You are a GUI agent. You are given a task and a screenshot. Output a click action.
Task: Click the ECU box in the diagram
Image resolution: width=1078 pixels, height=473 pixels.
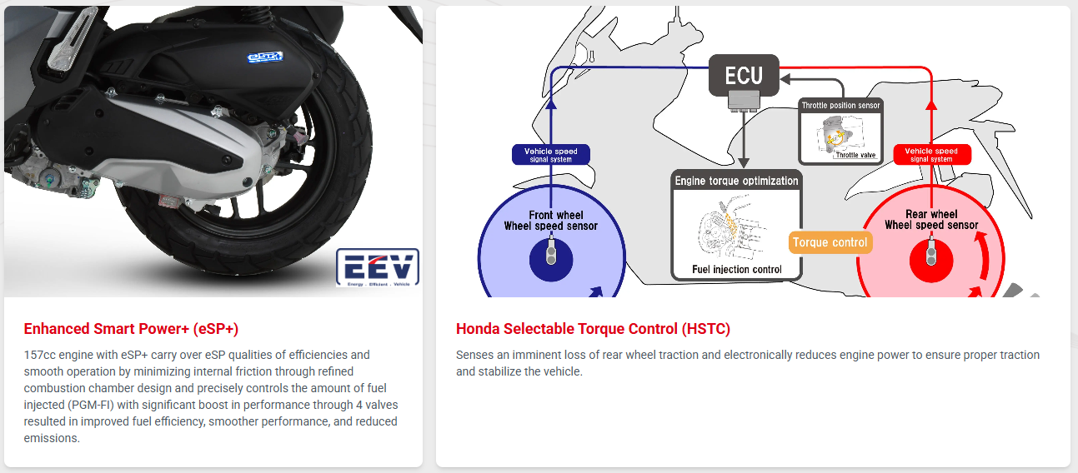pos(744,75)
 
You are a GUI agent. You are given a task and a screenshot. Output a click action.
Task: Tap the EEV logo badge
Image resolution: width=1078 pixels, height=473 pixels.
pos(378,267)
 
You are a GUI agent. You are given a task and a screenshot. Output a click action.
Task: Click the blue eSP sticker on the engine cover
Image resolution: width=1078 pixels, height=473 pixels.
pos(264,57)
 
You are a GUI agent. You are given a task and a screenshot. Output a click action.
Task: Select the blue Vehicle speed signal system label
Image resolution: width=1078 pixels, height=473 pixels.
pos(550,155)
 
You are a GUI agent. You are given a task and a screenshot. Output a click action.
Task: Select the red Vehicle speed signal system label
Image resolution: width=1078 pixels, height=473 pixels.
pos(932,155)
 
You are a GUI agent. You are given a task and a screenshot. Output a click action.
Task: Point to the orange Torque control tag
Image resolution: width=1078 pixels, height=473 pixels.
pos(830,242)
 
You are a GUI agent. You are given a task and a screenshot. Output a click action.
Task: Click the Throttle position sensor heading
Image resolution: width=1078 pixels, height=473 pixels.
pos(840,105)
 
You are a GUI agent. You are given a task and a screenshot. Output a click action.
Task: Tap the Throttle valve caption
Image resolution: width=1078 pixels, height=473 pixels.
pos(855,155)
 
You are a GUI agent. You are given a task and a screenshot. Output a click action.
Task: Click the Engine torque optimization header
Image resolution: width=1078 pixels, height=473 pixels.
pos(736,181)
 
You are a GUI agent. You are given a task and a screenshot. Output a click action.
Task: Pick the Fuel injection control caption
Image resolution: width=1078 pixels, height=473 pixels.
pos(737,269)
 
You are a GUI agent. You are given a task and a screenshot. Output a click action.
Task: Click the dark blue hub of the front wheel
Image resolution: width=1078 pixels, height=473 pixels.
pos(551,260)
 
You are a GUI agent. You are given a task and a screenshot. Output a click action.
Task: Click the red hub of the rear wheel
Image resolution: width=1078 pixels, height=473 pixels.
pos(931,260)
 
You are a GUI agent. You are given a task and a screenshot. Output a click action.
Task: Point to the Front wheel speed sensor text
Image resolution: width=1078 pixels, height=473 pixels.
pos(551,220)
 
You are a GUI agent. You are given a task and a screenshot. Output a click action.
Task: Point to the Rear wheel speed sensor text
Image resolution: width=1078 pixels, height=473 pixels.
pos(931,220)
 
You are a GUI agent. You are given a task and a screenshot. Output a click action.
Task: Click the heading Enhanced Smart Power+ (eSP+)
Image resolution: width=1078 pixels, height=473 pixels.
pos(131,329)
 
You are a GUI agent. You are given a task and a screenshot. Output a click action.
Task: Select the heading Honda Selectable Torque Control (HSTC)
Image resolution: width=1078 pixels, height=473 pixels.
pos(593,329)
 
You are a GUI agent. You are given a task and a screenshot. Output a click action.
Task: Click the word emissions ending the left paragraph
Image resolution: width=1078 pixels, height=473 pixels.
pos(52,438)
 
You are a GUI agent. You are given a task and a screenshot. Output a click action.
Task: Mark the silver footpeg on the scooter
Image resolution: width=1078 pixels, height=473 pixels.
pos(71,37)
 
